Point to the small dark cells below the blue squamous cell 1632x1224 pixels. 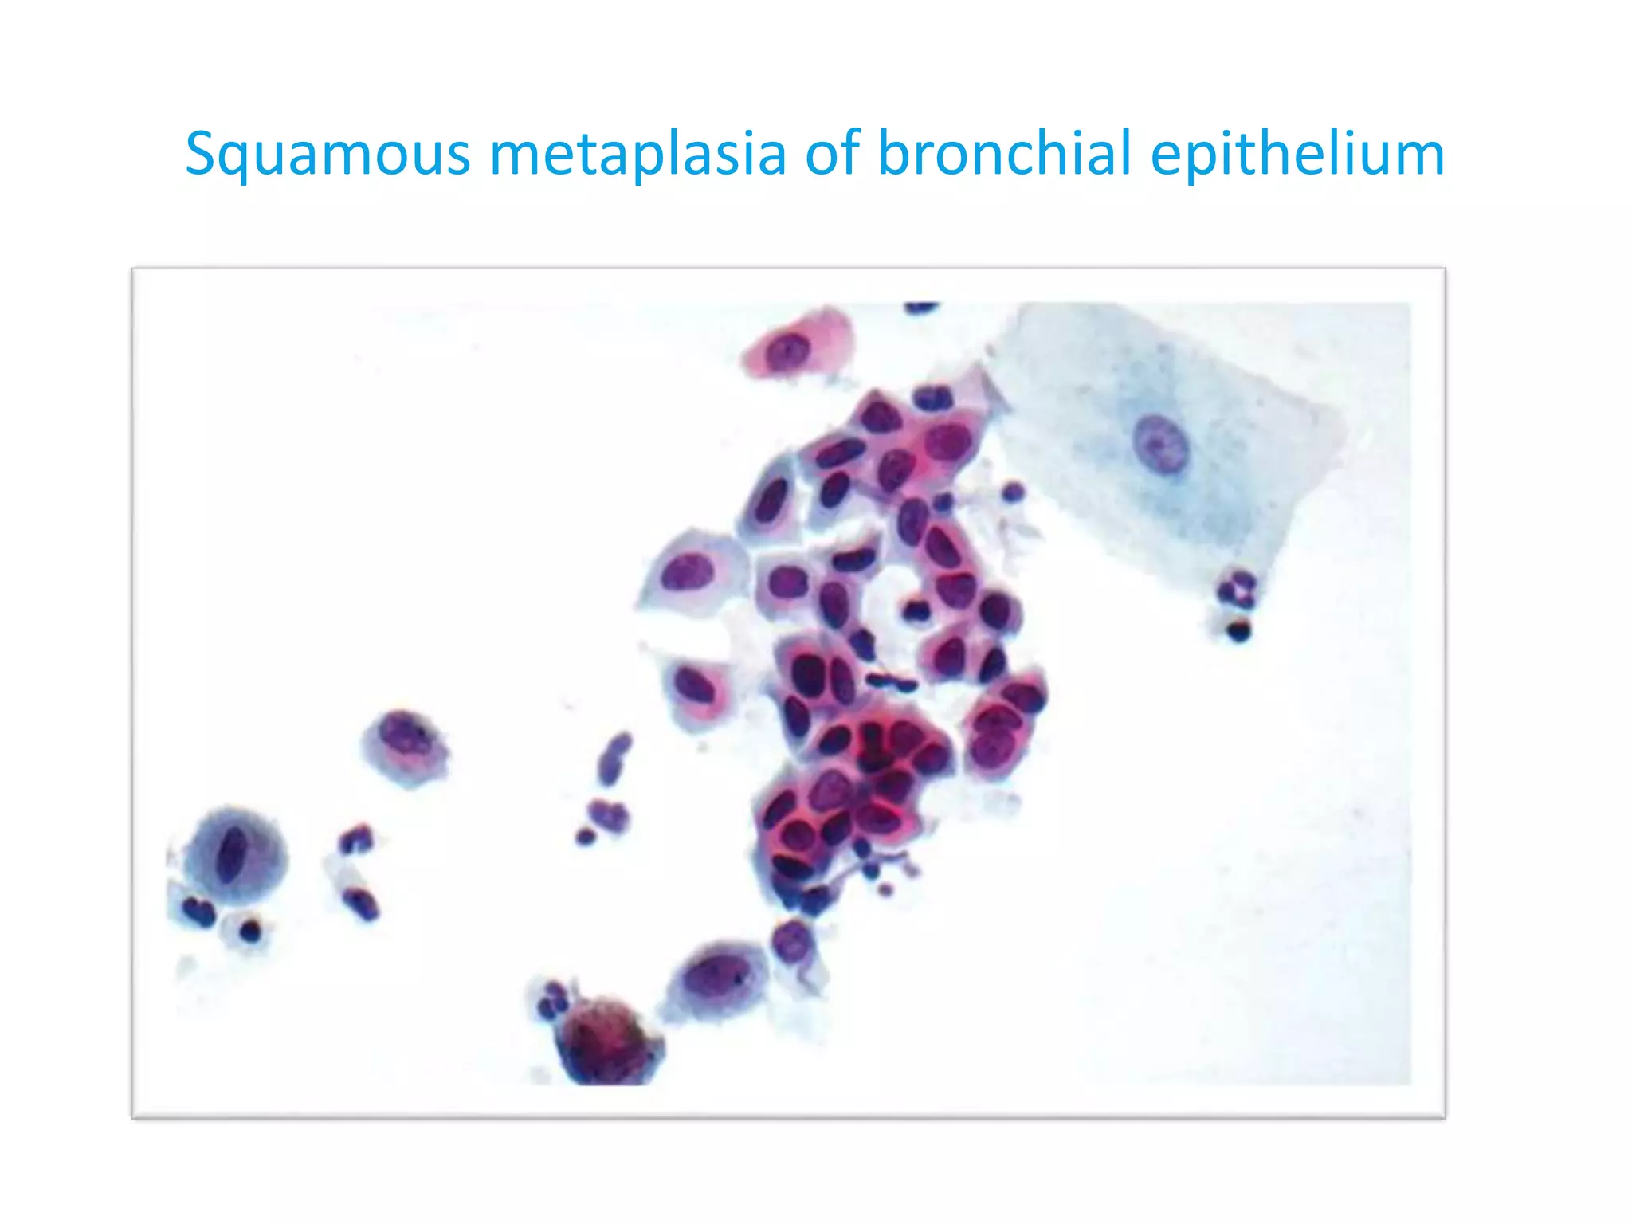coord(1236,606)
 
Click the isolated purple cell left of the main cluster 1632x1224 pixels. coord(406,746)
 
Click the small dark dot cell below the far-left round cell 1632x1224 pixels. coord(250,929)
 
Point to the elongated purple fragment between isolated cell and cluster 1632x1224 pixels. coord(614,757)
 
